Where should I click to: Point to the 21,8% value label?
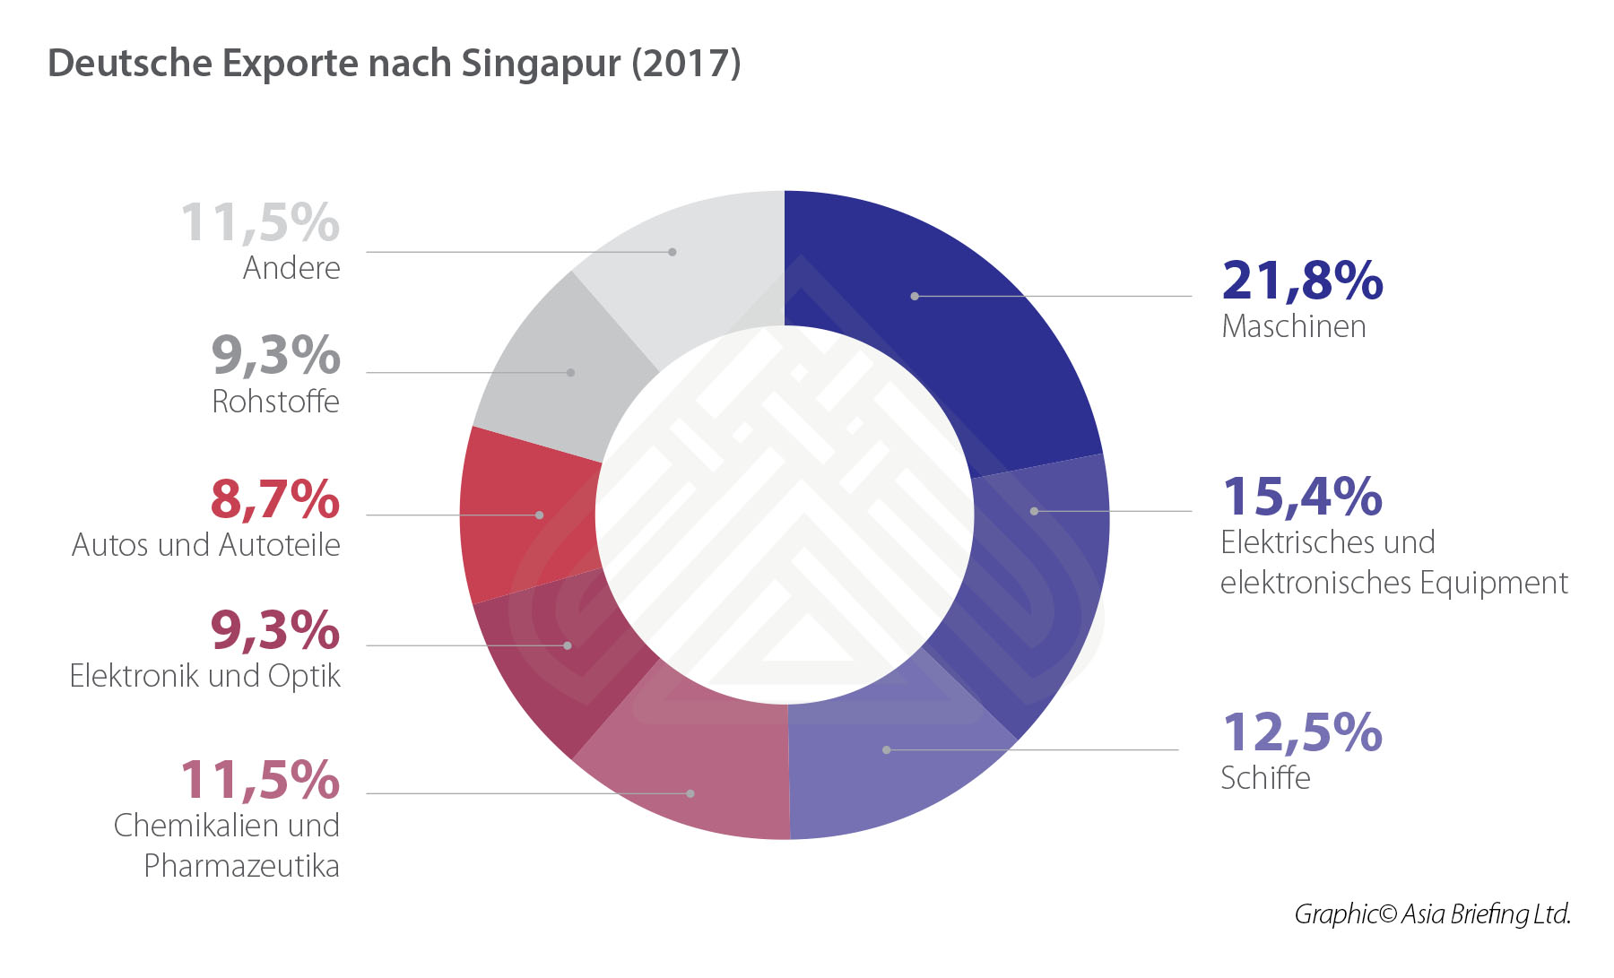(x=1302, y=281)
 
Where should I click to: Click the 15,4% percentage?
(x=1302, y=496)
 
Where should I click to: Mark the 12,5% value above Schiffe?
(x=1302, y=732)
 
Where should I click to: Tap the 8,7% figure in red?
(x=275, y=499)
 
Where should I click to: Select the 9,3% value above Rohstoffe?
(x=275, y=355)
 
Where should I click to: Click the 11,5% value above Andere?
(x=260, y=222)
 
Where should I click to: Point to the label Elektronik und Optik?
(x=205, y=676)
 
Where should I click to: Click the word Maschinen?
(x=1294, y=326)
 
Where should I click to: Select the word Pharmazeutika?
(x=241, y=866)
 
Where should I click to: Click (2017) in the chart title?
(x=686, y=64)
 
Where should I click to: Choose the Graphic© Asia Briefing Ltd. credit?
(x=1432, y=913)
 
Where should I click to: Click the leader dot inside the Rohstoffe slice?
(x=570, y=372)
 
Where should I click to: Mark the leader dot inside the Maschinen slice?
(x=915, y=296)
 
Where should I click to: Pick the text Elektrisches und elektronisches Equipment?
(x=1393, y=562)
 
